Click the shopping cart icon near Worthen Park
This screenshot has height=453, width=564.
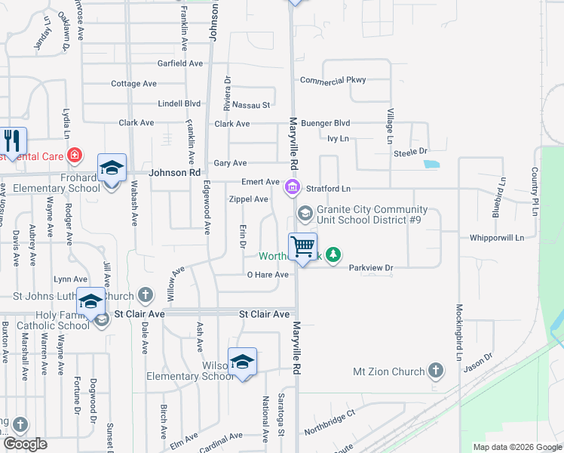pyautogui.click(x=302, y=246)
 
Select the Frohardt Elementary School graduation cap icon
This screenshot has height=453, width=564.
pyautogui.click(x=112, y=168)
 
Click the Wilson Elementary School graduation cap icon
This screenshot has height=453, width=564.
pyautogui.click(x=242, y=362)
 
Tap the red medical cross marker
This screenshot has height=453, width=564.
pyautogui.click(x=74, y=156)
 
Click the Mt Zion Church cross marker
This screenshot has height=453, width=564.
pyautogui.click(x=435, y=371)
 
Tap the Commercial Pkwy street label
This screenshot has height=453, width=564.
pyautogui.click(x=333, y=80)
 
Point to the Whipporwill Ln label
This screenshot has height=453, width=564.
pyautogui.click(x=496, y=237)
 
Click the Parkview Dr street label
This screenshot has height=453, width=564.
pyautogui.click(x=371, y=267)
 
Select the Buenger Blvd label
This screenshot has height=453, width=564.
pyautogui.click(x=326, y=122)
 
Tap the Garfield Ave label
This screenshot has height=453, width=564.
pyautogui.click(x=180, y=63)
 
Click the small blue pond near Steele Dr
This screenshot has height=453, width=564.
pyautogui.click(x=431, y=163)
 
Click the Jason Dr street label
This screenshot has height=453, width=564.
pyautogui.click(x=478, y=362)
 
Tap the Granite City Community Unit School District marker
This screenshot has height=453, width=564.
pyautogui.click(x=305, y=214)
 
